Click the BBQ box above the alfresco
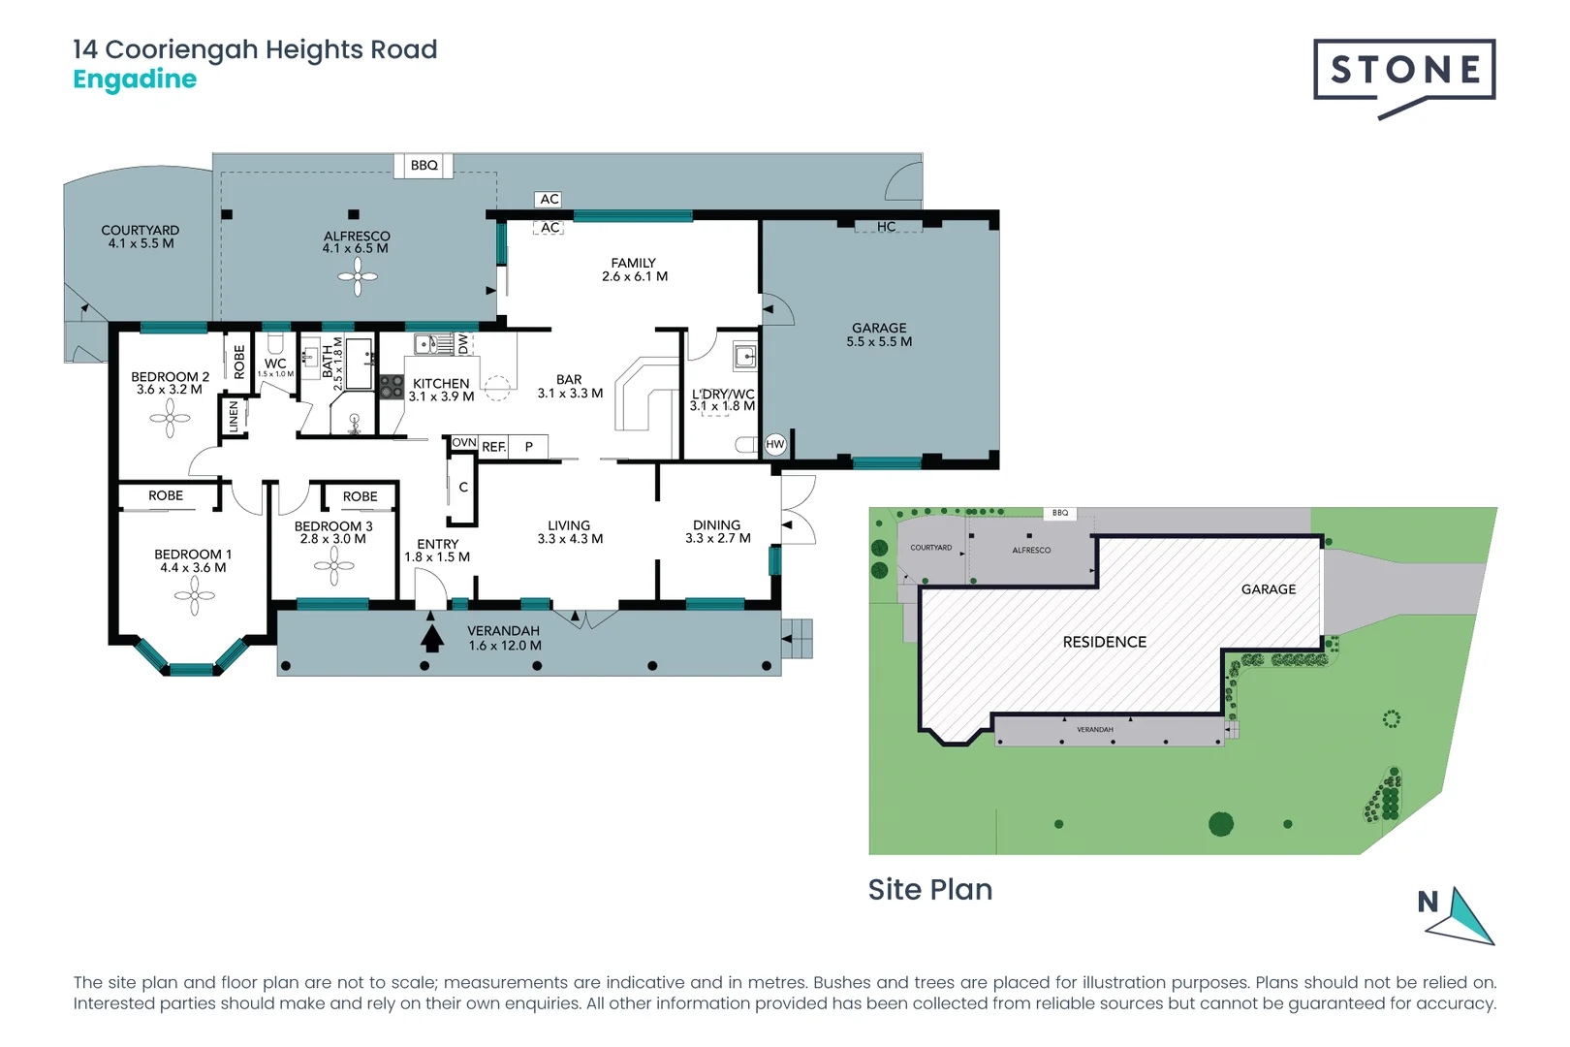click(x=424, y=166)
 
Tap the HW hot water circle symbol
click(x=775, y=445)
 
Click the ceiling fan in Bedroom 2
click(x=171, y=419)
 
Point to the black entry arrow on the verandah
click(x=432, y=637)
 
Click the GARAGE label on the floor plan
click(x=879, y=329)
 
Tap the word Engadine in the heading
click(x=135, y=79)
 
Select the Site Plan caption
click(x=929, y=889)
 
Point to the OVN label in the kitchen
click(x=464, y=443)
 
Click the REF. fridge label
click(x=494, y=447)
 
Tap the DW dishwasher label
click(x=463, y=343)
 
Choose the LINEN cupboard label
click(x=234, y=417)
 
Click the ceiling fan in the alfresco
click(x=358, y=278)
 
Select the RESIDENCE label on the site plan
click(x=1104, y=642)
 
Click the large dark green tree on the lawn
click(x=1221, y=824)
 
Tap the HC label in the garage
click(x=886, y=227)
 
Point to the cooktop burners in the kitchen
click(x=392, y=388)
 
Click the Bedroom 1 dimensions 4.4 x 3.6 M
click(x=193, y=568)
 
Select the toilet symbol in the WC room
click(x=275, y=343)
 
